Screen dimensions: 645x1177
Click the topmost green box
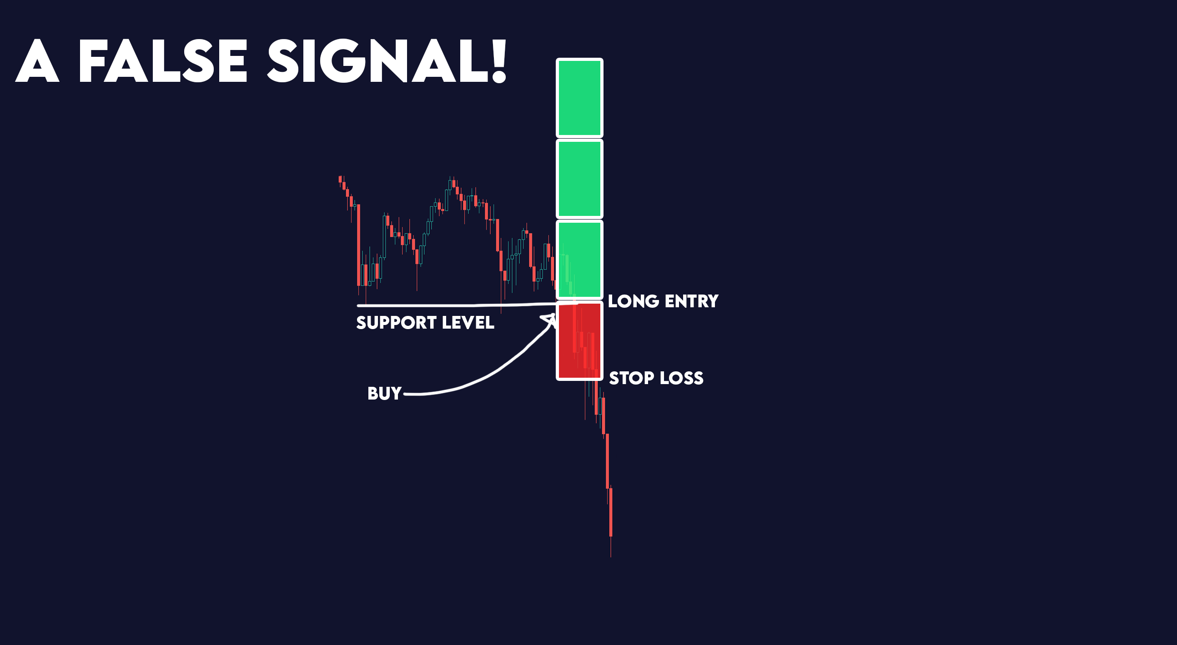click(579, 98)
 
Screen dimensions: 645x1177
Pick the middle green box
click(579, 179)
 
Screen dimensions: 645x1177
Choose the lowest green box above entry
click(579, 260)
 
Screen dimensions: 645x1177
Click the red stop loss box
click(579, 341)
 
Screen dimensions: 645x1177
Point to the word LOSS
click(683, 378)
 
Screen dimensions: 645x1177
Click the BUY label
click(384, 394)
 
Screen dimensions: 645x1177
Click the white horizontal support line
click(457, 305)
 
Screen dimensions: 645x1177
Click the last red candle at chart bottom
click(611, 512)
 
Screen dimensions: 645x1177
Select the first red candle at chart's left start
click(340, 179)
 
